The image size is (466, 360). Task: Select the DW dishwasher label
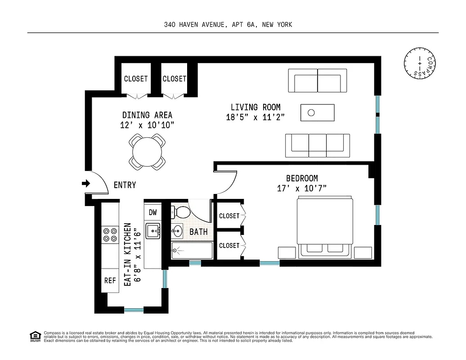pos(152,212)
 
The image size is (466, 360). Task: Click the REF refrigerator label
pos(110,280)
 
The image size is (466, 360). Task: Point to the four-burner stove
pos(109,233)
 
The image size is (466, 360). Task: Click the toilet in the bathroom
pos(181,211)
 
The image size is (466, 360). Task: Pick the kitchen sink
pos(153,231)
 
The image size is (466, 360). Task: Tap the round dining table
pos(147,152)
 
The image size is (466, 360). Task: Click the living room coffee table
pos(318,112)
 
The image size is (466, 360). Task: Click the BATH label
pos(198,232)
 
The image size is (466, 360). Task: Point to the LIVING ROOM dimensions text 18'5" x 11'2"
pos(255,117)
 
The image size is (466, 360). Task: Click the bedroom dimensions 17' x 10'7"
pos(301,188)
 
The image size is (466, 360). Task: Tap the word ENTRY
pos(125,185)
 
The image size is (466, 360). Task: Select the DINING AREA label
pos(147,115)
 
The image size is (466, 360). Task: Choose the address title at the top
pos(228,25)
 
